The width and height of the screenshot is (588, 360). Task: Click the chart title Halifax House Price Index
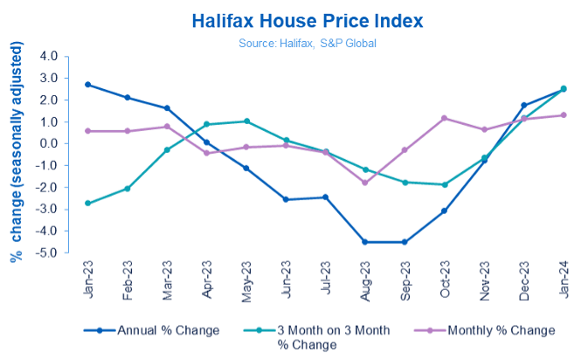tap(294, 18)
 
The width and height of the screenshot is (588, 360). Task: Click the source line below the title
tap(294, 40)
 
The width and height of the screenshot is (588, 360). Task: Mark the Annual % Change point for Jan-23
tap(88, 85)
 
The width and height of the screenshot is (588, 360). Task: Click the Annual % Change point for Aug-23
tap(365, 242)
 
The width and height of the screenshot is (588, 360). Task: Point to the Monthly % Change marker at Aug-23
tap(365, 183)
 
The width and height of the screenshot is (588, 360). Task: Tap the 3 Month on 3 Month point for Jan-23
tap(88, 203)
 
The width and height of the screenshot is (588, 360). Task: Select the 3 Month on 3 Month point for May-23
tap(246, 121)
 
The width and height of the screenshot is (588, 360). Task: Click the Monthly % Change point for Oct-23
tap(444, 118)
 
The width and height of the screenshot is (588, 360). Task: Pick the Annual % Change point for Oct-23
tap(444, 211)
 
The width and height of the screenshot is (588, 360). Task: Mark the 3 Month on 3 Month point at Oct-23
tap(444, 184)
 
